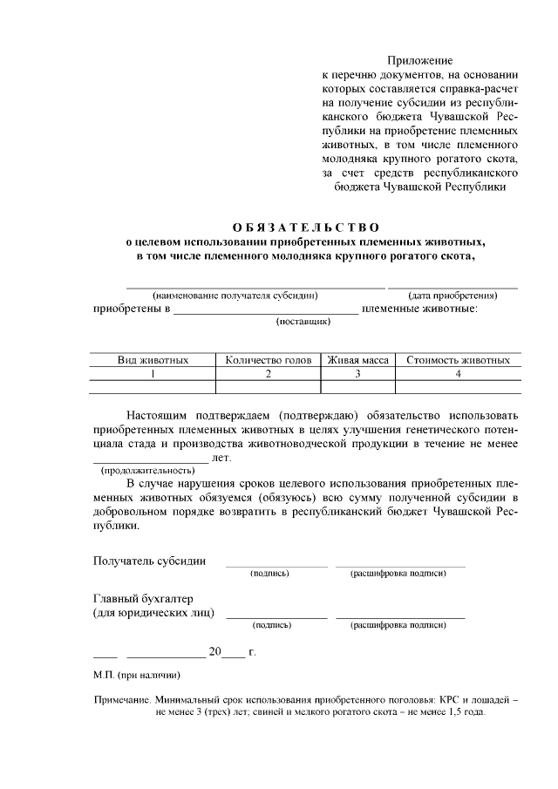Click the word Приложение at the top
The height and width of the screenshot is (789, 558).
click(420, 61)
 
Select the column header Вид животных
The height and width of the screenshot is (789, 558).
click(153, 360)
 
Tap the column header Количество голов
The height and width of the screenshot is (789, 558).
click(269, 360)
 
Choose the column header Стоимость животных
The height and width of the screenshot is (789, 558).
click(458, 360)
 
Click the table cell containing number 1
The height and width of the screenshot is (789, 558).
click(153, 373)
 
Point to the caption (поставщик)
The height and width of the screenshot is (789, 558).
click(303, 322)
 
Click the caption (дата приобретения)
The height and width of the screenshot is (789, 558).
click(453, 295)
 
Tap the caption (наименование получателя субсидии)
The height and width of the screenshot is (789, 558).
click(235, 295)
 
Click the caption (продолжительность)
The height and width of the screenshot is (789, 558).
click(147, 470)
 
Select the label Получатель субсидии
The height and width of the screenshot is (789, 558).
click(149, 561)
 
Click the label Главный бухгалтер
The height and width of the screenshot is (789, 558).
click(142, 599)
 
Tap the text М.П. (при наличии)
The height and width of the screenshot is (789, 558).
click(137, 675)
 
